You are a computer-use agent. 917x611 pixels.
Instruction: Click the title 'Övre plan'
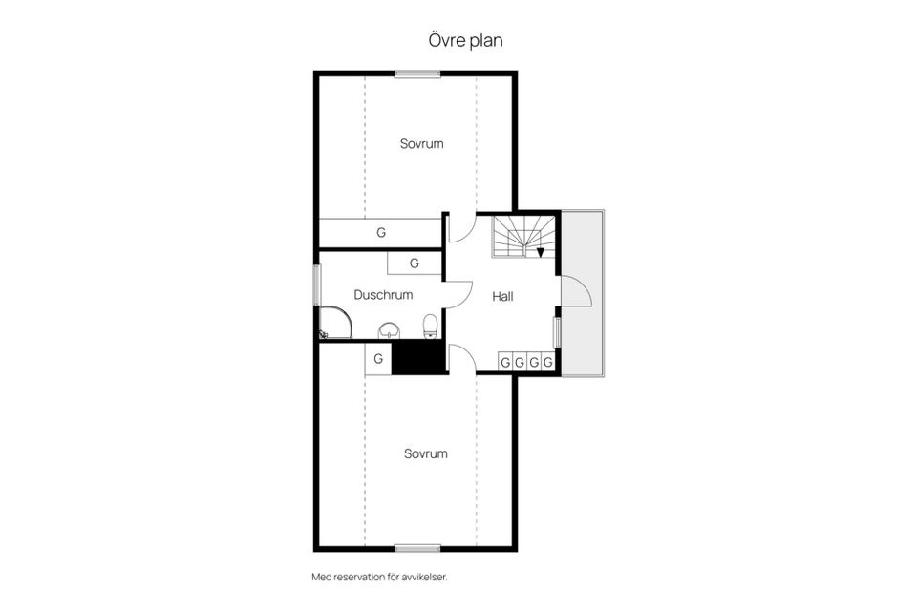(465, 40)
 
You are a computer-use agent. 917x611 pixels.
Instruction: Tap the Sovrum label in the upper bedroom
(421, 144)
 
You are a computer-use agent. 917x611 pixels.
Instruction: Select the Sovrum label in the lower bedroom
(426, 453)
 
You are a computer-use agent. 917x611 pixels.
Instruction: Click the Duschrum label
(383, 295)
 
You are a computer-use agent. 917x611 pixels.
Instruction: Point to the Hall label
(502, 297)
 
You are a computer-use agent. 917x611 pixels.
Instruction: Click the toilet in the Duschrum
(431, 327)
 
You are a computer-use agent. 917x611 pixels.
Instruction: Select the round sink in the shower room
(389, 330)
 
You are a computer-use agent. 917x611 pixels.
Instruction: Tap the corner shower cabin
(335, 322)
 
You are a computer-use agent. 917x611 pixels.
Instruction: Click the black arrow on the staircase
(541, 253)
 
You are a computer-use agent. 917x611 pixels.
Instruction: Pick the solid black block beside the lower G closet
(417, 357)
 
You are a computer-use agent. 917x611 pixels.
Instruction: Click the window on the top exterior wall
(417, 74)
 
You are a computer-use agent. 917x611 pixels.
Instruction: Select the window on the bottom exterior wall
(417, 548)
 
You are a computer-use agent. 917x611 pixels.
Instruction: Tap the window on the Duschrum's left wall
(317, 284)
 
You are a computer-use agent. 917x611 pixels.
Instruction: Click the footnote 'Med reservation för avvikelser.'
(379, 577)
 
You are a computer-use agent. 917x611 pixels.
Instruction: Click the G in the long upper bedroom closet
(381, 233)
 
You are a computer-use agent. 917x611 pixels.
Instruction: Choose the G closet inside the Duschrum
(414, 263)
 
